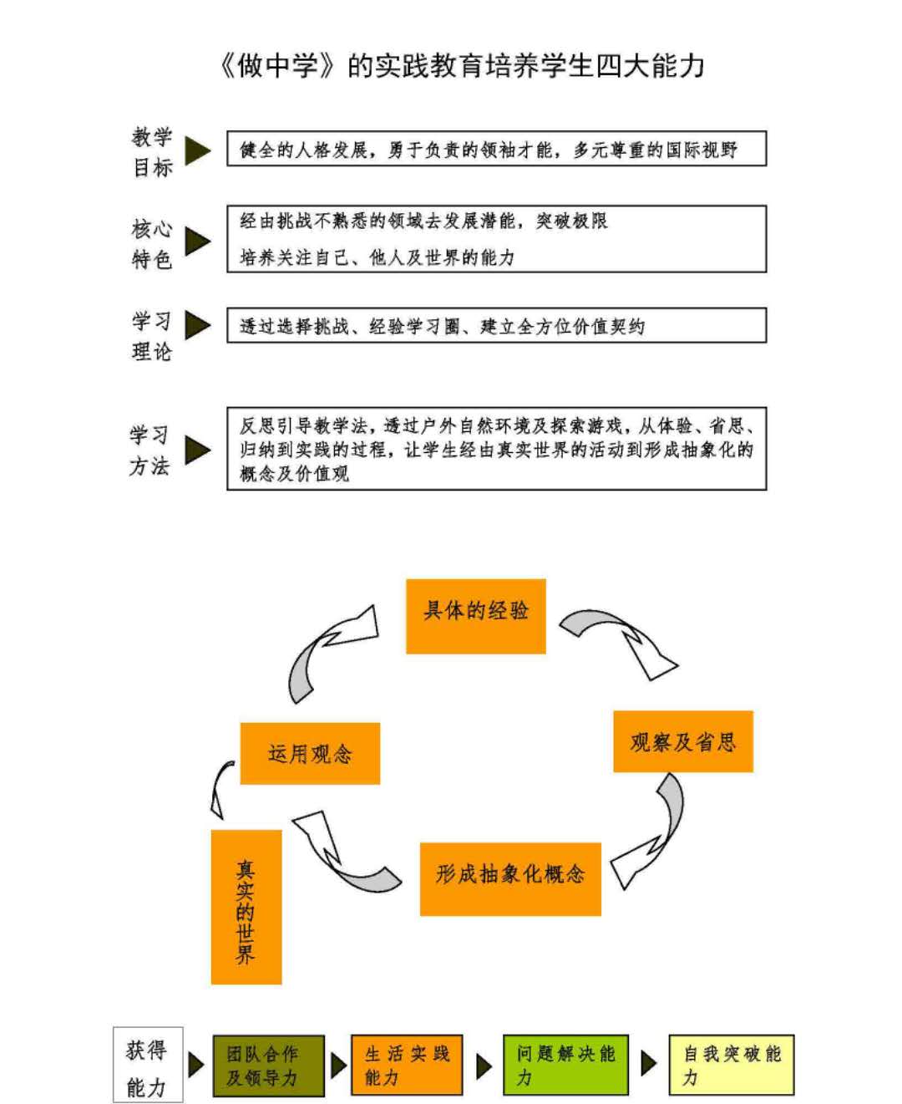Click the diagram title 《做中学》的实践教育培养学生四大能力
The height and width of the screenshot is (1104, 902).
(462, 67)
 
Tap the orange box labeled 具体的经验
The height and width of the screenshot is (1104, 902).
(475, 616)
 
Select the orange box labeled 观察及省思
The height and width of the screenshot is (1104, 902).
(683, 741)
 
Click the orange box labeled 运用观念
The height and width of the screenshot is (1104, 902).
(310, 753)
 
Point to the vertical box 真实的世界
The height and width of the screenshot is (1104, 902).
(246, 907)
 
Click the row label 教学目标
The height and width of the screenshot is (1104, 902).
(152, 152)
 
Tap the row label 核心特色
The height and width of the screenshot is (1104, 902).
(152, 243)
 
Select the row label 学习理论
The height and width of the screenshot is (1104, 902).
(152, 335)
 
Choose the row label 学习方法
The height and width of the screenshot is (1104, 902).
(149, 450)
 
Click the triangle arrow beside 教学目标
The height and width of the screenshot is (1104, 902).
(198, 151)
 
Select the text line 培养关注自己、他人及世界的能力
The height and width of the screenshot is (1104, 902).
(378, 257)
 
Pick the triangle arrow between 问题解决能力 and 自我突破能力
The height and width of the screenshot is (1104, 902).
(649, 1063)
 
